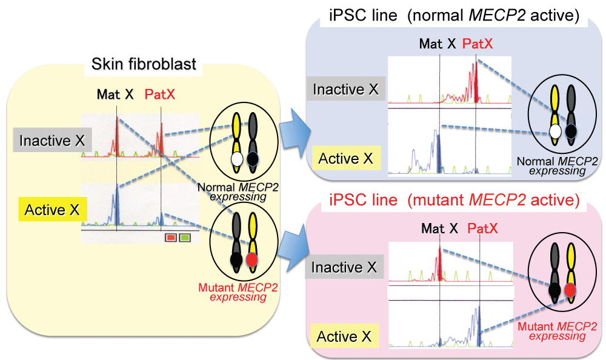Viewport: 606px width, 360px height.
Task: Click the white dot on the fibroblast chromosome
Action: (x=236, y=158)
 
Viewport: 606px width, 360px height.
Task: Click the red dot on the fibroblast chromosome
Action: (x=253, y=261)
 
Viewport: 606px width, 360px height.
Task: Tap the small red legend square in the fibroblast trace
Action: (x=170, y=238)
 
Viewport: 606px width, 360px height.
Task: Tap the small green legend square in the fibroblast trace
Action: (x=185, y=238)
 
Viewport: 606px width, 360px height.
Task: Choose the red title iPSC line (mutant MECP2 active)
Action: (x=446, y=199)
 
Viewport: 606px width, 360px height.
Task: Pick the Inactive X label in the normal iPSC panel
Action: (x=345, y=90)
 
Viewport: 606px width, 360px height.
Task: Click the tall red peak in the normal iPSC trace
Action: (x=476, y=79)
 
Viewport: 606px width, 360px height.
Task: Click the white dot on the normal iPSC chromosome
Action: (x=554, y=130)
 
